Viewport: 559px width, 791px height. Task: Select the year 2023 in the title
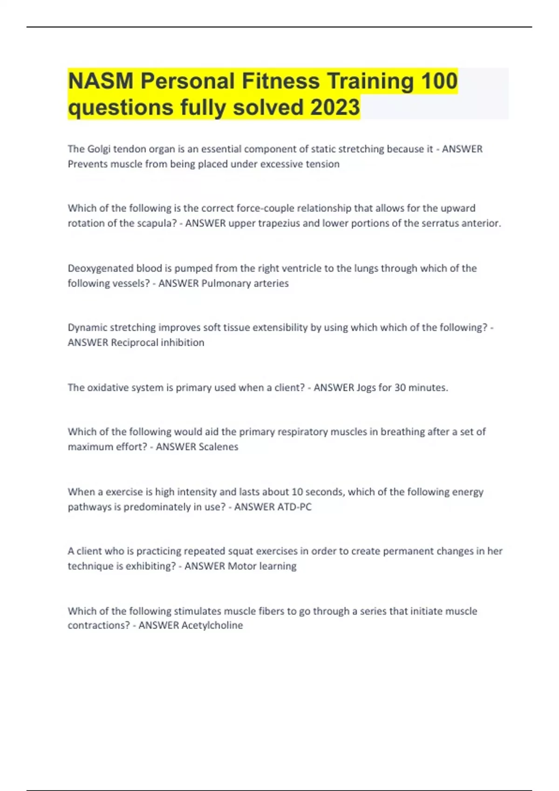point(335,107)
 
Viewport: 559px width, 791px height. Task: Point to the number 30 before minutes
point(400,388)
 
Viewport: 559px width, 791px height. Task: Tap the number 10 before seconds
point(297,492)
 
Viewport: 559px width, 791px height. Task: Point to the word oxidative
point(109,388)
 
